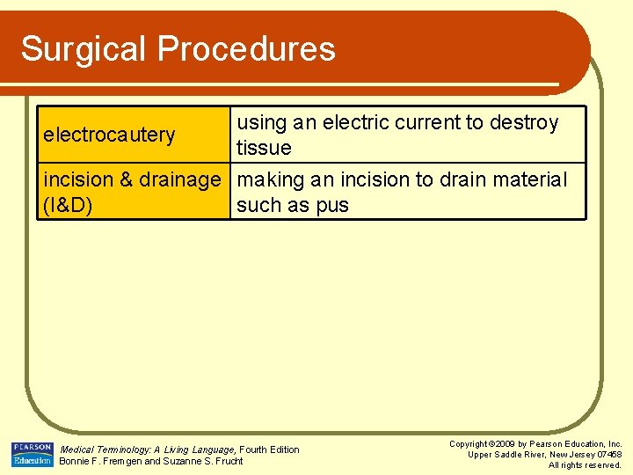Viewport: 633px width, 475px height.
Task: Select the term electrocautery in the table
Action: point(109,135)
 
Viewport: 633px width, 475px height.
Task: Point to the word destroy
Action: point(524,123)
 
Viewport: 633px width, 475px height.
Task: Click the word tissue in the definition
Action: point(264,149)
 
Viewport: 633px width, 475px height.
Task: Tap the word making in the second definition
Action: point(270,180)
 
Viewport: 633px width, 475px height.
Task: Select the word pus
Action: point(332,206)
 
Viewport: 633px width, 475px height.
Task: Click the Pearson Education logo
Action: point(32,454)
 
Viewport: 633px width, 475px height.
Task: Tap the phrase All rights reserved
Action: point(585,465)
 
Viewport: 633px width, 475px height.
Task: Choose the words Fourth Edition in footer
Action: point(270,449)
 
